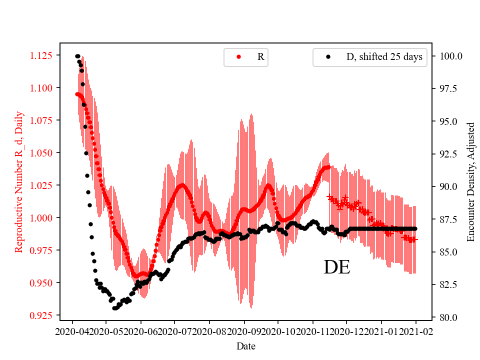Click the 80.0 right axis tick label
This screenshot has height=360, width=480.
click(x=447, y=317)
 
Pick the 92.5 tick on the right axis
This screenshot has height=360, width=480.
click(x=447, y=154)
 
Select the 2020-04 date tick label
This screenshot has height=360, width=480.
click(x=72, y=331)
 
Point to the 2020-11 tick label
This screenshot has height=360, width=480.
click(x=313, y=331)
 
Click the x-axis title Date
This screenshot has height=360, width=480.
click(x=246, y=345)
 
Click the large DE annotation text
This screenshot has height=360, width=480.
click(x=337, y=268)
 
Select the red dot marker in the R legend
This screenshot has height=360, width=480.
click(x=238, y=57)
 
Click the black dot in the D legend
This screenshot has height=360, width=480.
click(x=328, y=57)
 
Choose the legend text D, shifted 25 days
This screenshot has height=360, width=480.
click(x=384, y=57)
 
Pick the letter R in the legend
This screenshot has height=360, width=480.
click(x=260, y=57)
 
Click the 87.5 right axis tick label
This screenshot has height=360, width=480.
click(x=447, y=219)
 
